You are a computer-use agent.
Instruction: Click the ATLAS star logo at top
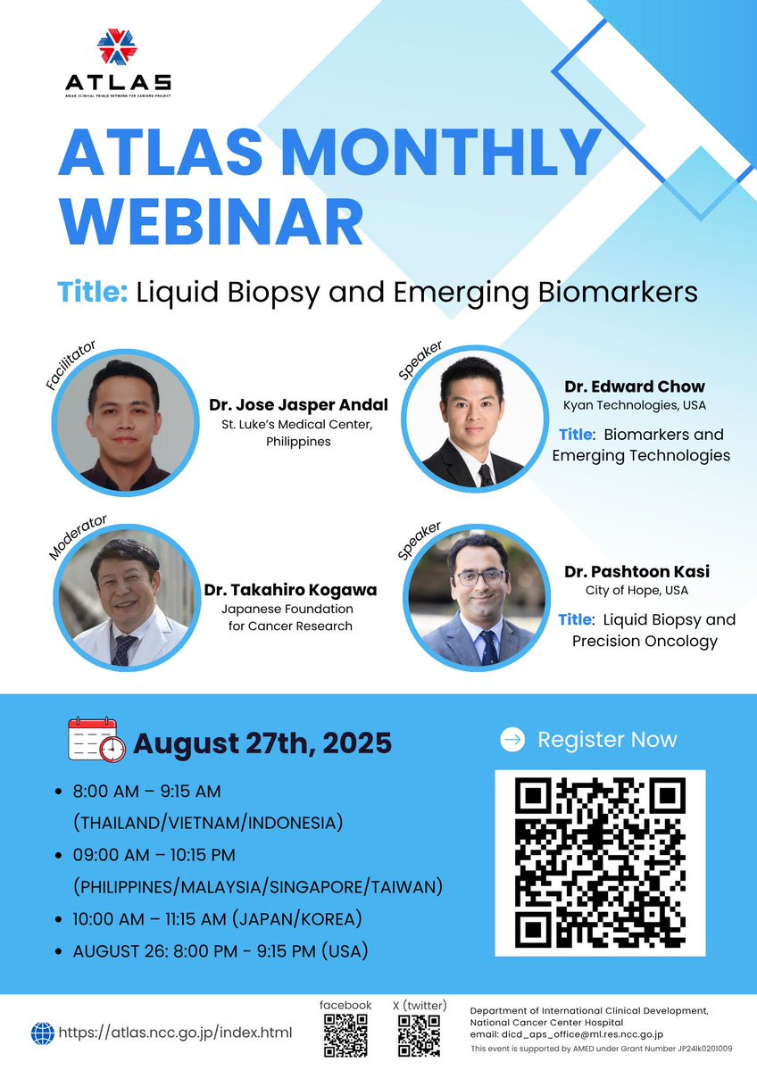pos(117,46)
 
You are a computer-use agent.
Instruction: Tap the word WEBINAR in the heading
pos(211,222)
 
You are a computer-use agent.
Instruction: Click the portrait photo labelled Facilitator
pos(125,422)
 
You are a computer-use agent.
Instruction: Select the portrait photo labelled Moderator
pos(126,597)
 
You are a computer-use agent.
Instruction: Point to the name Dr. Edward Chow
pos(634,386)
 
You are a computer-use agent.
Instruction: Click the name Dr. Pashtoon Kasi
pos(636,571)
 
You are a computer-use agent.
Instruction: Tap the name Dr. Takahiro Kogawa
pos(290,590)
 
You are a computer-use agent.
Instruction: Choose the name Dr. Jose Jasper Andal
pos(298,404)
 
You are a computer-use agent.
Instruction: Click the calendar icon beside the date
pos(97,740)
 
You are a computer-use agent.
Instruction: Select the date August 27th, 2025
pos(262,743)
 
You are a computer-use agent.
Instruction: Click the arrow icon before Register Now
pos(512,739)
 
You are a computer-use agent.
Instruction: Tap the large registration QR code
pos(600,863)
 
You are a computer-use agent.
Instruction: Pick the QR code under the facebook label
pos(345,1034)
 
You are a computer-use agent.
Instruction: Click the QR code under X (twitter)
pos(419,1034)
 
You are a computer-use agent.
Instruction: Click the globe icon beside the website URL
pos(43,1033)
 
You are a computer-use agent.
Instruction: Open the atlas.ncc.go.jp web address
pos(176,1033)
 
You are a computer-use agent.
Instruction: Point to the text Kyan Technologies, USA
pos(634,405)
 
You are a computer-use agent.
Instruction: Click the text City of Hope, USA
pos(636,590)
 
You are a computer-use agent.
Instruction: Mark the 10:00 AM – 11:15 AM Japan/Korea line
pos(217,919)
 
